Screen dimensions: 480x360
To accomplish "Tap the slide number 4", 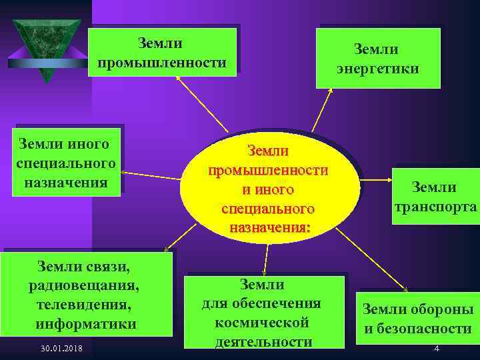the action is pos(436,349).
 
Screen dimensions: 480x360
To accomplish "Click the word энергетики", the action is pos(377,69).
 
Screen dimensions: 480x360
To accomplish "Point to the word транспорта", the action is pos(434,206).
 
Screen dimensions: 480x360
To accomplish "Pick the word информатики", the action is pos(86,325).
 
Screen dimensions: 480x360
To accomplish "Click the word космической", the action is pos(261,323).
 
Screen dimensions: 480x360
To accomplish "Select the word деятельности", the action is pos(263,342).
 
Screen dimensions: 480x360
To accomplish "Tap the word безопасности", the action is pos(418,329).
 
